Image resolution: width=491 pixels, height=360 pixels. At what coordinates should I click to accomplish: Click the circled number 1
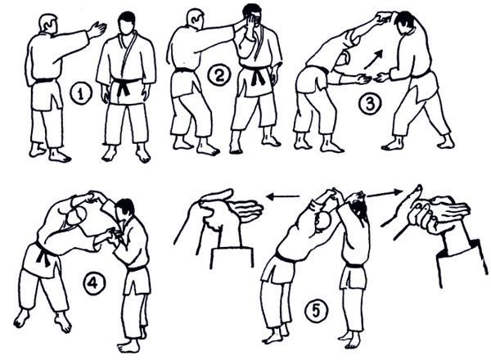pyautogui.click(x=81, y=94)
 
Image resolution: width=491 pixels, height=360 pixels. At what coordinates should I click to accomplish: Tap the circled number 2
pyautogui.click(x=218, y=75)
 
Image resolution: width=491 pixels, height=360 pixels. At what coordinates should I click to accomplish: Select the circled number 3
pyautogui.click(x=370, y=104)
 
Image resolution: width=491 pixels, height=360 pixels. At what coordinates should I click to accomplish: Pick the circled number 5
pyautogui.click(x=316, y=311)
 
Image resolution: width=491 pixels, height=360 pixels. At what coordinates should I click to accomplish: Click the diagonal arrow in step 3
pyautogui.click(x=374, y=59)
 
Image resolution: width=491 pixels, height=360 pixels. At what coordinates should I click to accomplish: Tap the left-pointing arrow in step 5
pyautogui.click(x=282, y=197)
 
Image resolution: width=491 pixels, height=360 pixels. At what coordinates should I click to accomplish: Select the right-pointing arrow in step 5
pyautogui.click(x=385, y=193)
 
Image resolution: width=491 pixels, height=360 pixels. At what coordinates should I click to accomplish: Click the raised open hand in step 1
pyautogui.click(x=97, y=29)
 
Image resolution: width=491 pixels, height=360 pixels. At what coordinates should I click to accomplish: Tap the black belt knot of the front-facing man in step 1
pyautogui.click(x=124, y=86)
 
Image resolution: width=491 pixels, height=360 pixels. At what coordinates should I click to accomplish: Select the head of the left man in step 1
pyautogui.click(x=48, y=23)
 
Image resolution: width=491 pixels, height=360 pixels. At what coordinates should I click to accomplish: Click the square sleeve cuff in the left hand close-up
pyautogui.click(x=231, y=257)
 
